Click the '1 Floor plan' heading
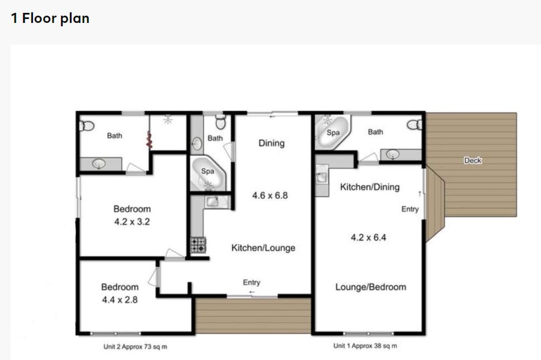click(x=50, y=18)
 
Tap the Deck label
click(x=473, y=160)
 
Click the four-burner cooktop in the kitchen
click(x=198, y=245)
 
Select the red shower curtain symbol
click(x=149, y=140)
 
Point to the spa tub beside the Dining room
click(x=208, y=173)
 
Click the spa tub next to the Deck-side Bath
click(x=333, y=132)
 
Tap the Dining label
click(x=271, y=143)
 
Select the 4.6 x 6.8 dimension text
click(x=270, y=196)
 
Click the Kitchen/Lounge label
click(x=264, y=248)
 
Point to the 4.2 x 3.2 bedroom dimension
click(x=132, y=222)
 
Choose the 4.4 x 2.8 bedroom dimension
click(x=120, y=300)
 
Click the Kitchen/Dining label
click(x=370, y=187)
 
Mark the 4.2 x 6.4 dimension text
click(x=369, y=237)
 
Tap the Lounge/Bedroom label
click(x=370, y=287)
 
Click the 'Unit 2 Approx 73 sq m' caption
click(x=135, y=347)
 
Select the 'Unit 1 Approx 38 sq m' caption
click(x=365, y=345)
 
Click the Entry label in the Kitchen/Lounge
click(x=252, y=282)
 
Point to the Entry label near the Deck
click(x=410, y=209)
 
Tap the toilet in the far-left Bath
click(x=87, y=126)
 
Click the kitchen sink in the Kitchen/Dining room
click(x=322, y=177)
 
